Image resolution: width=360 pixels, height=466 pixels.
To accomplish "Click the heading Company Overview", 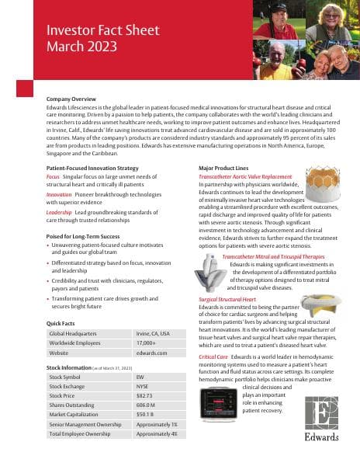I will [x=71, y=99].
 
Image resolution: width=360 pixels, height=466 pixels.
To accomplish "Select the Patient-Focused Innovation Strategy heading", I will [x=92, y=168].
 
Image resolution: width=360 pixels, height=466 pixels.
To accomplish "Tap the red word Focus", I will [x=53, y=176].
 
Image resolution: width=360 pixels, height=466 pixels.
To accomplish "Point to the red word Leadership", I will [x=61, y=211].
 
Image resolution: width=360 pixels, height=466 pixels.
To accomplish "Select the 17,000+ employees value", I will [x=145, y=343].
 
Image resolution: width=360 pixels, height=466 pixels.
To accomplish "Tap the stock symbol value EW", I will [x=140, y=376].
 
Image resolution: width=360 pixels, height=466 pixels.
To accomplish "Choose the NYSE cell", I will [x=142, y=385].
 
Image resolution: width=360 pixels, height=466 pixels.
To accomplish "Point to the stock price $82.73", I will [x=144, y=395].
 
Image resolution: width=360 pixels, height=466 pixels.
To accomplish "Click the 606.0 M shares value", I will [x=146, y=404].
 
